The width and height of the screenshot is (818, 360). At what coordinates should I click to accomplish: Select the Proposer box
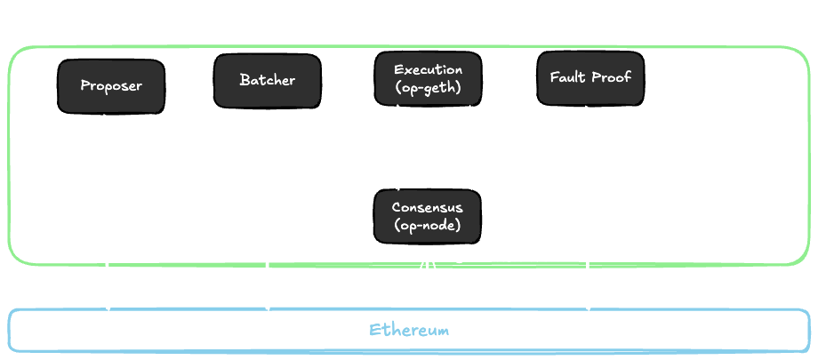pyautogui.click(x=111, y=86)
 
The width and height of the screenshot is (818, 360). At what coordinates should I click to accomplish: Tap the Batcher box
pyautogui.click(x=267, y=81)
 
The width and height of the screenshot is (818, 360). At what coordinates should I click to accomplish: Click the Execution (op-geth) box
pyautogui.click(x=428, y=78)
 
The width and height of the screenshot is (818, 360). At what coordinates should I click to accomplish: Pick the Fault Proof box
pyautogui.click(x=586, y=78)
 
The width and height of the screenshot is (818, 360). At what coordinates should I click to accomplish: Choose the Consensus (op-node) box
pyautogui.click(x=428, y=215)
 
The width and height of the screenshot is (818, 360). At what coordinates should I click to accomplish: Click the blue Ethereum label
pyautogui.click(x=409, y=331)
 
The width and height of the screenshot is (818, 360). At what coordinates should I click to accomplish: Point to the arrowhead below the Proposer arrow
pyautogui.click(x=108, y=300)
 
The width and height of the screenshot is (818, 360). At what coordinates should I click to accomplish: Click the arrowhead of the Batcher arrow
pyautogui.click(x=267, y=300)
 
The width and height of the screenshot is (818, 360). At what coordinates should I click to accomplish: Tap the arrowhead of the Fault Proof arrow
pyautogui.click(x=587, y=300)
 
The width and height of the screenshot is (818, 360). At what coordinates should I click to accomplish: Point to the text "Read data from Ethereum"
pyautogui.click(x=502, y=266)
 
